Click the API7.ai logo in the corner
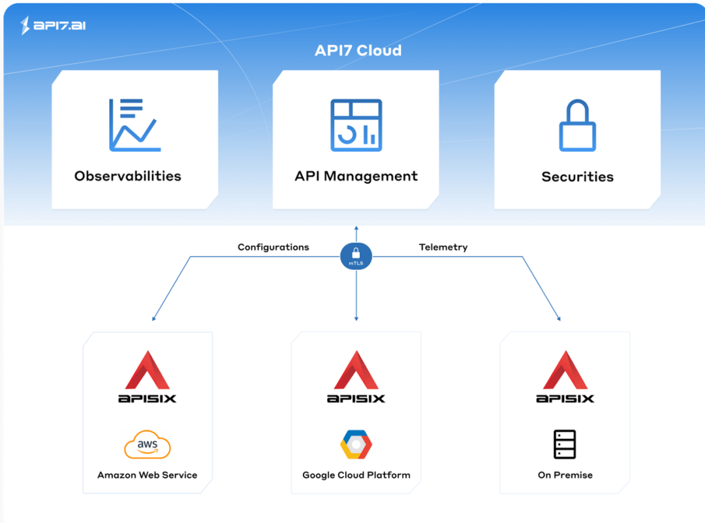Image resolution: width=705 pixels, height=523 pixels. pyautogui.click(x=54, y=25)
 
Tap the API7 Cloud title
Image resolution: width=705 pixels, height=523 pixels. pyautogui.click(x=358, y=50)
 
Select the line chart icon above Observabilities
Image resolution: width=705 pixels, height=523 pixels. pyautogui.click(x=134, y=125)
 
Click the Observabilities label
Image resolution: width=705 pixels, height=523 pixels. pyautogui.click(x=128, y=176)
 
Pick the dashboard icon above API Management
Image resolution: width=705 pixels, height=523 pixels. pyautogui.click(x=356, y=125)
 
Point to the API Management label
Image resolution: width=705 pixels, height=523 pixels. pyautogui.click(x=356, y=176)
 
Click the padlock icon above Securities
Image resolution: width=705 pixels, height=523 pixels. pyautogui.click(x=577, y=125)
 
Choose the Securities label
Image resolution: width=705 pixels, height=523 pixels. pyautogui.click(x=577, y=177)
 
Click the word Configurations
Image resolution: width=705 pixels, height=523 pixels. pyautogui.click(x=273, y=247)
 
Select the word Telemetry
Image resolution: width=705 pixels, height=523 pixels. pyautogui.click(x=443, y=247)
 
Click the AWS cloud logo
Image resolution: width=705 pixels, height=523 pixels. pyautogui.click(x=147, y=445)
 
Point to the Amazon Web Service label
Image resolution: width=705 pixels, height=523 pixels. pyautogui.click(x=147, y=475)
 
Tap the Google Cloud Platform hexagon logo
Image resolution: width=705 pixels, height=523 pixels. pyautogui.click(x=356, y=445)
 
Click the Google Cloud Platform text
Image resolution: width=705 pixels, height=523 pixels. pyautogui.click(x=356, y=475)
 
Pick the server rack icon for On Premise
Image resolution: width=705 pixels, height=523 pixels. pyautogui.click(x=565, y=445)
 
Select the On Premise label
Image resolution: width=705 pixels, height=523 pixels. pyautogui.click(x=565, y=475)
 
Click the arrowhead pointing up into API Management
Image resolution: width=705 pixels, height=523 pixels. pyautogui.click(x=356, y=228)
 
